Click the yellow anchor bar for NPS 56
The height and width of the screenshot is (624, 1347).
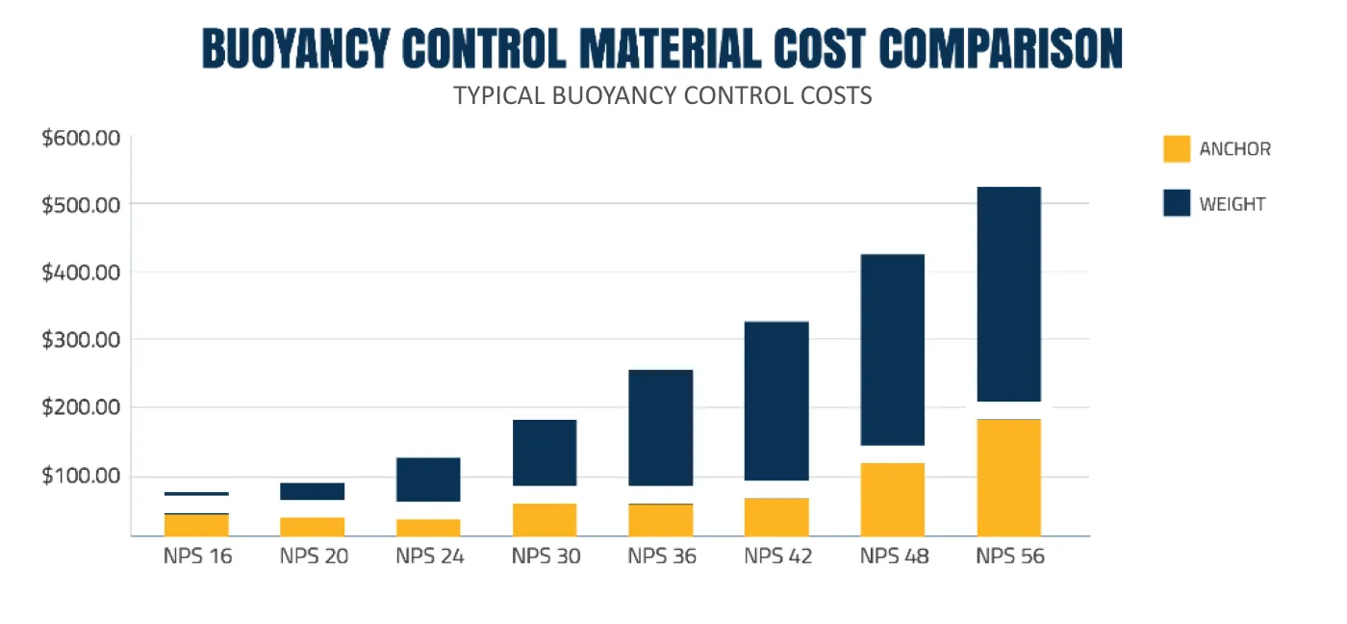coord(1009,477)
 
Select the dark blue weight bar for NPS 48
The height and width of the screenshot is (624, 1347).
coord(893,350)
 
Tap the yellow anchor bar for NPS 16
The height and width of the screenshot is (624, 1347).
coord(196,525)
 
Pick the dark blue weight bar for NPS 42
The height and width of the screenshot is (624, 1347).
coord(776,401)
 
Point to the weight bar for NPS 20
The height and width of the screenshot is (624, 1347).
coord(312,491)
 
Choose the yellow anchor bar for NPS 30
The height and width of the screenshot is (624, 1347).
coord(545,519)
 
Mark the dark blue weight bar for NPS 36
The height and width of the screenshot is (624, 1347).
coord(661,428)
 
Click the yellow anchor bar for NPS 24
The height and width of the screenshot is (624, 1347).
coord(428,527)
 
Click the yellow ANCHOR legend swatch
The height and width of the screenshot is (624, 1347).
coord(1177,149)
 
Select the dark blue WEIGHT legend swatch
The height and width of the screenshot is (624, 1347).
coord(1177,203)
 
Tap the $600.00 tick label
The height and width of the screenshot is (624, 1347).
coord(81,138)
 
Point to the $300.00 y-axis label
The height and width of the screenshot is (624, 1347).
coord(81,340)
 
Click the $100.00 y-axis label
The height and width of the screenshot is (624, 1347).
coord(81,476)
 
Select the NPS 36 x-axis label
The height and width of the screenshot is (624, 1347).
coord(662,557)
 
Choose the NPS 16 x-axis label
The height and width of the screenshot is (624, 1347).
coord(198,557)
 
